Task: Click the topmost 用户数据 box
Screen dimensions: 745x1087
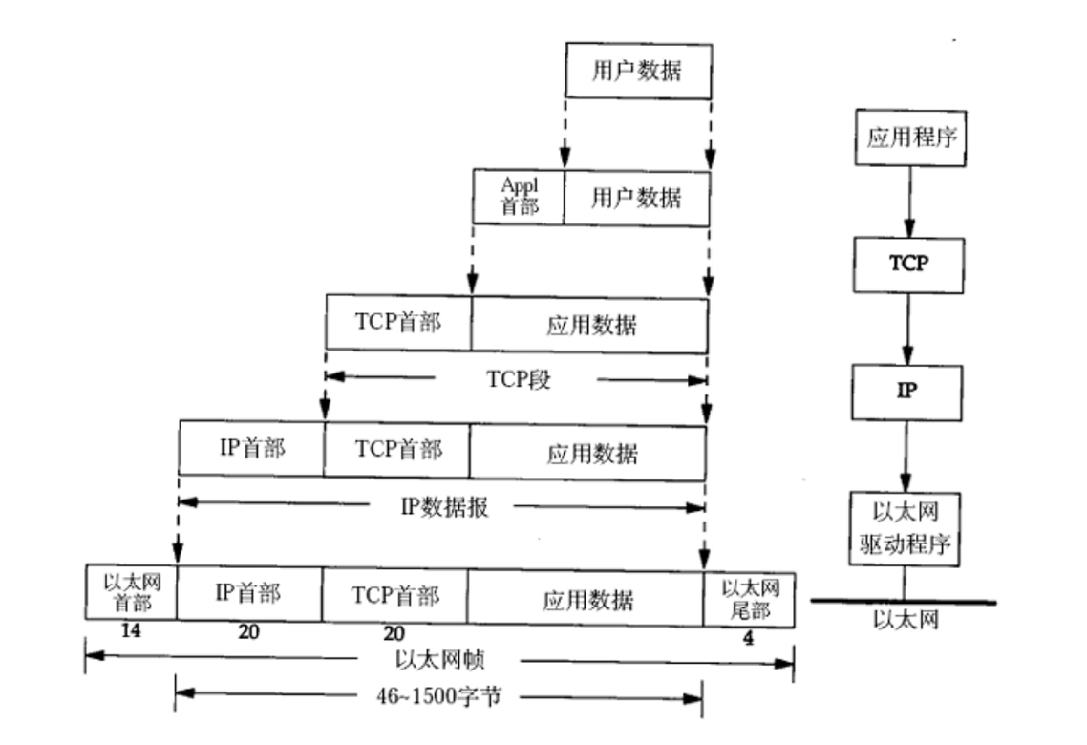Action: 637,70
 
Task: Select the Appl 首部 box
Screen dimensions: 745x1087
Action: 519,198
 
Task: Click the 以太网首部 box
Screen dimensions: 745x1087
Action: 130,592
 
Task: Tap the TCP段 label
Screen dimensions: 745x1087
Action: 516,380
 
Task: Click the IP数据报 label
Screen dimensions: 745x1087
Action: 443,507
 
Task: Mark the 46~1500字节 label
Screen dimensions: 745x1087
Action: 439,697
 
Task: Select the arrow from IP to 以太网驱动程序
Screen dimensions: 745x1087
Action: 906,454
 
